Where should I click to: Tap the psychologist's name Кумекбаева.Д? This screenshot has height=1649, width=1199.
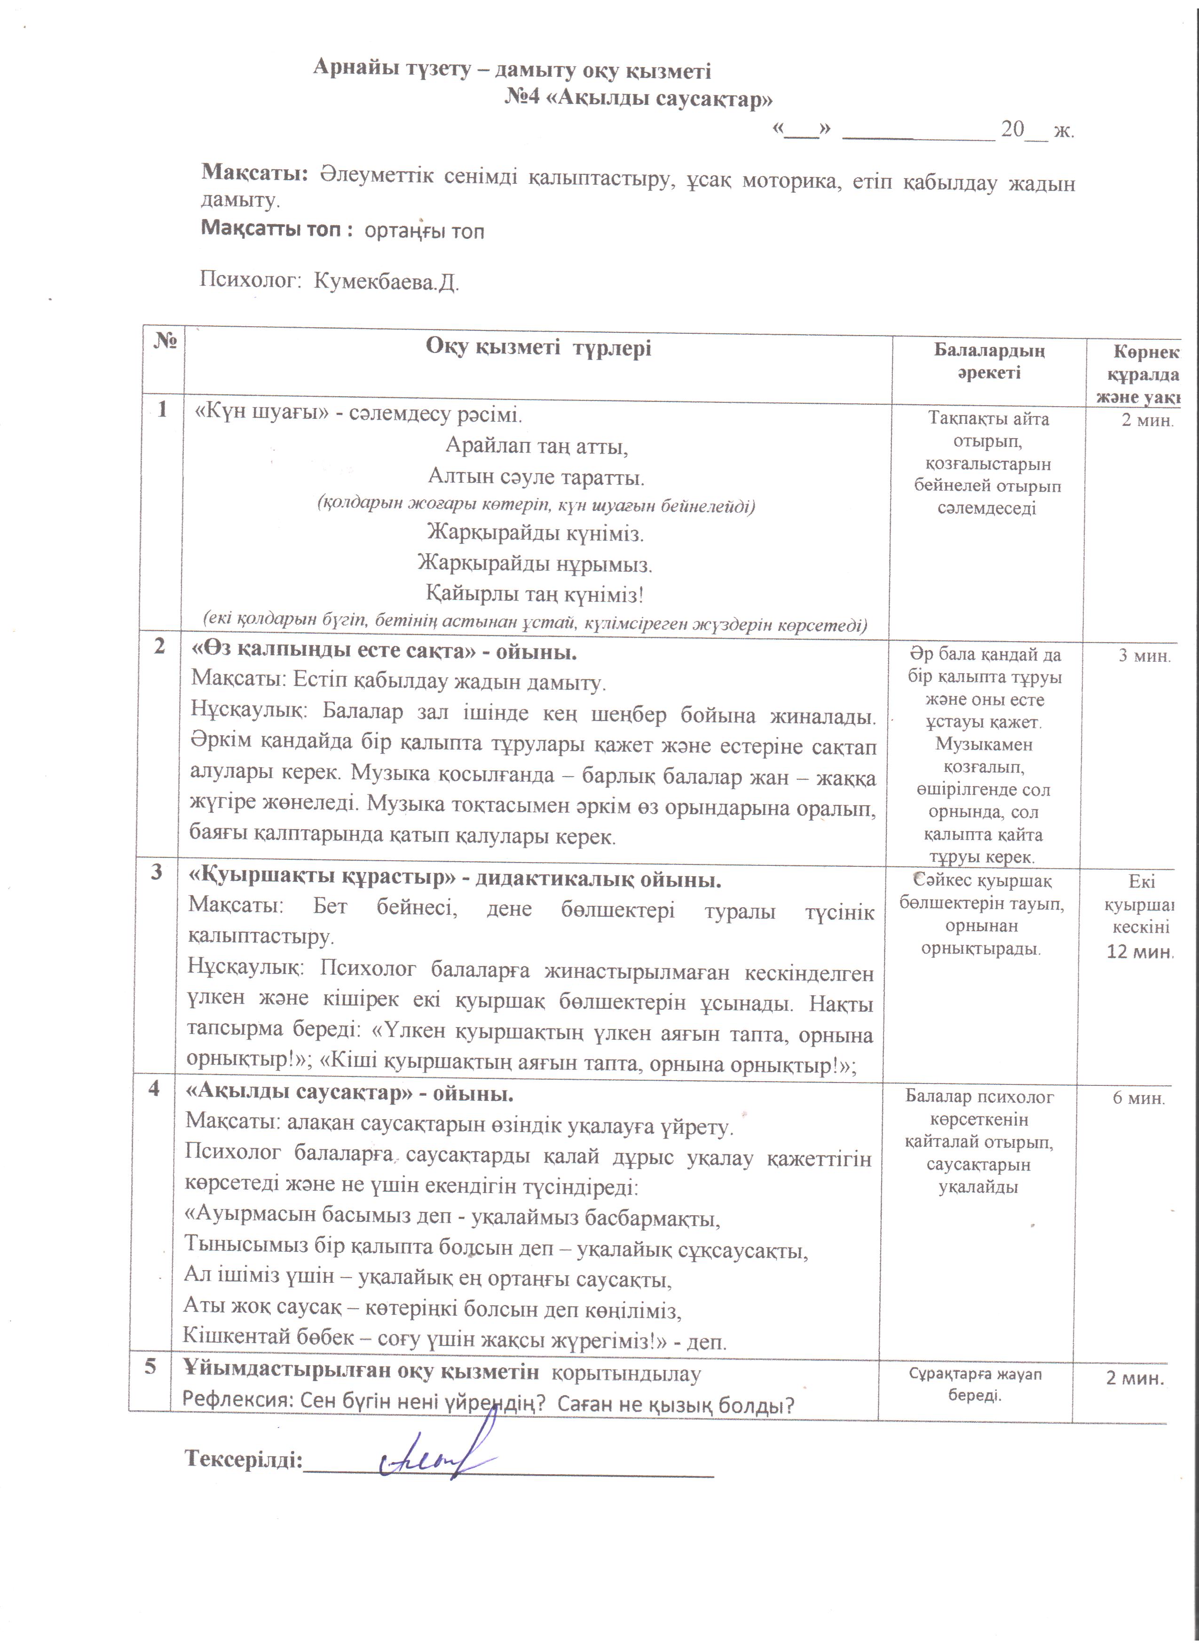click(386, 282)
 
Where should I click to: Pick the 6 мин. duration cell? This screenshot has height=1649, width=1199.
click(1139, 1098)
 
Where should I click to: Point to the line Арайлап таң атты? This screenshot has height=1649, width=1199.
click(536, 445)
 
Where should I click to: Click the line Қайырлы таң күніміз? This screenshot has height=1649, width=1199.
click(535, 595)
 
